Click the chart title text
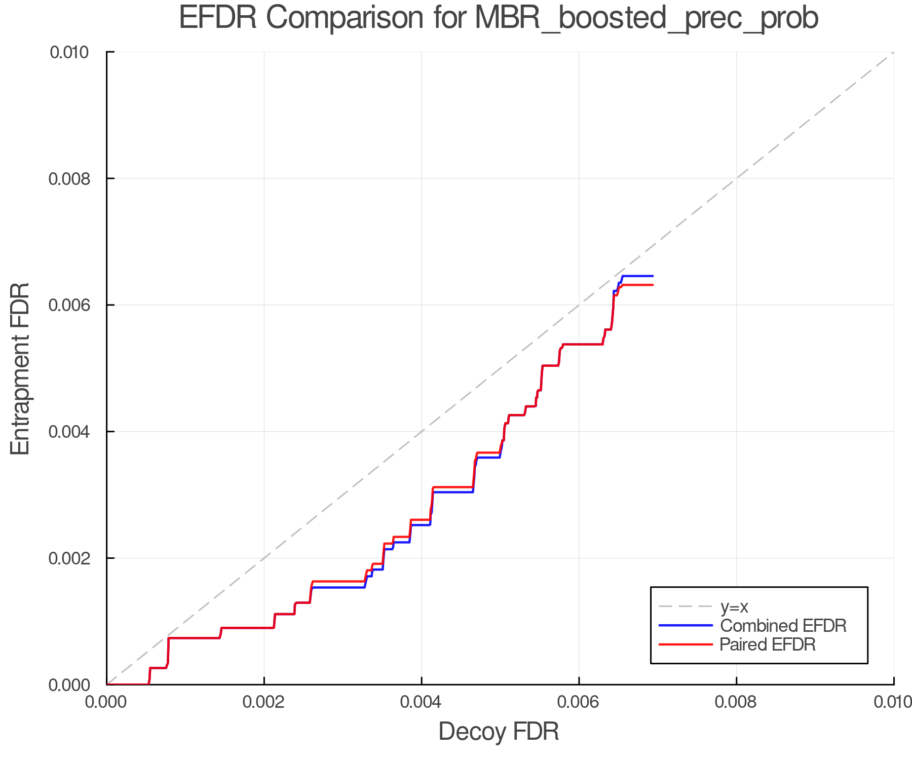pyautogui.click(x=499, y=18)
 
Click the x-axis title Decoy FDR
pyautogui.click(x=499, y=732)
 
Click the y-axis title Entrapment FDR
pyautogui.click(x=20, y=368)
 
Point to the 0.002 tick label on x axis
pyautogui.click(x=264, y=702)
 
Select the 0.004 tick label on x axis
pyautogui.click(x=421, y=702)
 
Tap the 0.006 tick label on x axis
pyautogui.click(x=579, y=702)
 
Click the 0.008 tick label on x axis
pyautogui.click(x=736, y=702)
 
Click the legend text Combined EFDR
pyautogui.click(x=783, y=626)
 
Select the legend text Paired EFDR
pyautogui.click(x=768, y=644)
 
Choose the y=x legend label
pyautogui.click(x=734, y=606)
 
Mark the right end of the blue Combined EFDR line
pyautogui.click(x=653, y=276)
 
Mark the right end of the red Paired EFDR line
pyautogui.click(x=653, y=285)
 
